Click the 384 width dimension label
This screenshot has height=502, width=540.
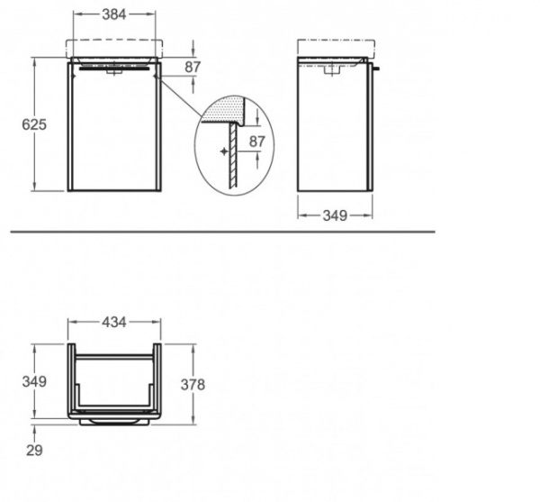tap(114, 14)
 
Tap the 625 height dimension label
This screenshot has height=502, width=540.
tap(34, 124)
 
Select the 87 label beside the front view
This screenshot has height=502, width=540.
tap(193, 67)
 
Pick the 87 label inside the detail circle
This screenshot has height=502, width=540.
tap(256, 141)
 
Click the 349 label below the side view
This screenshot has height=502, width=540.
tap(335, 215)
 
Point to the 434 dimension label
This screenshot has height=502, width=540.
tap(114, 323)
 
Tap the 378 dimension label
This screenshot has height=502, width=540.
tap(193, 385)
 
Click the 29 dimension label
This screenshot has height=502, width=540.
tap(34, 451)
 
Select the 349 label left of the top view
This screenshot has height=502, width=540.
tap(34, 381)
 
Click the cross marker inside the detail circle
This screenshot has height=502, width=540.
tap(224, 151)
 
